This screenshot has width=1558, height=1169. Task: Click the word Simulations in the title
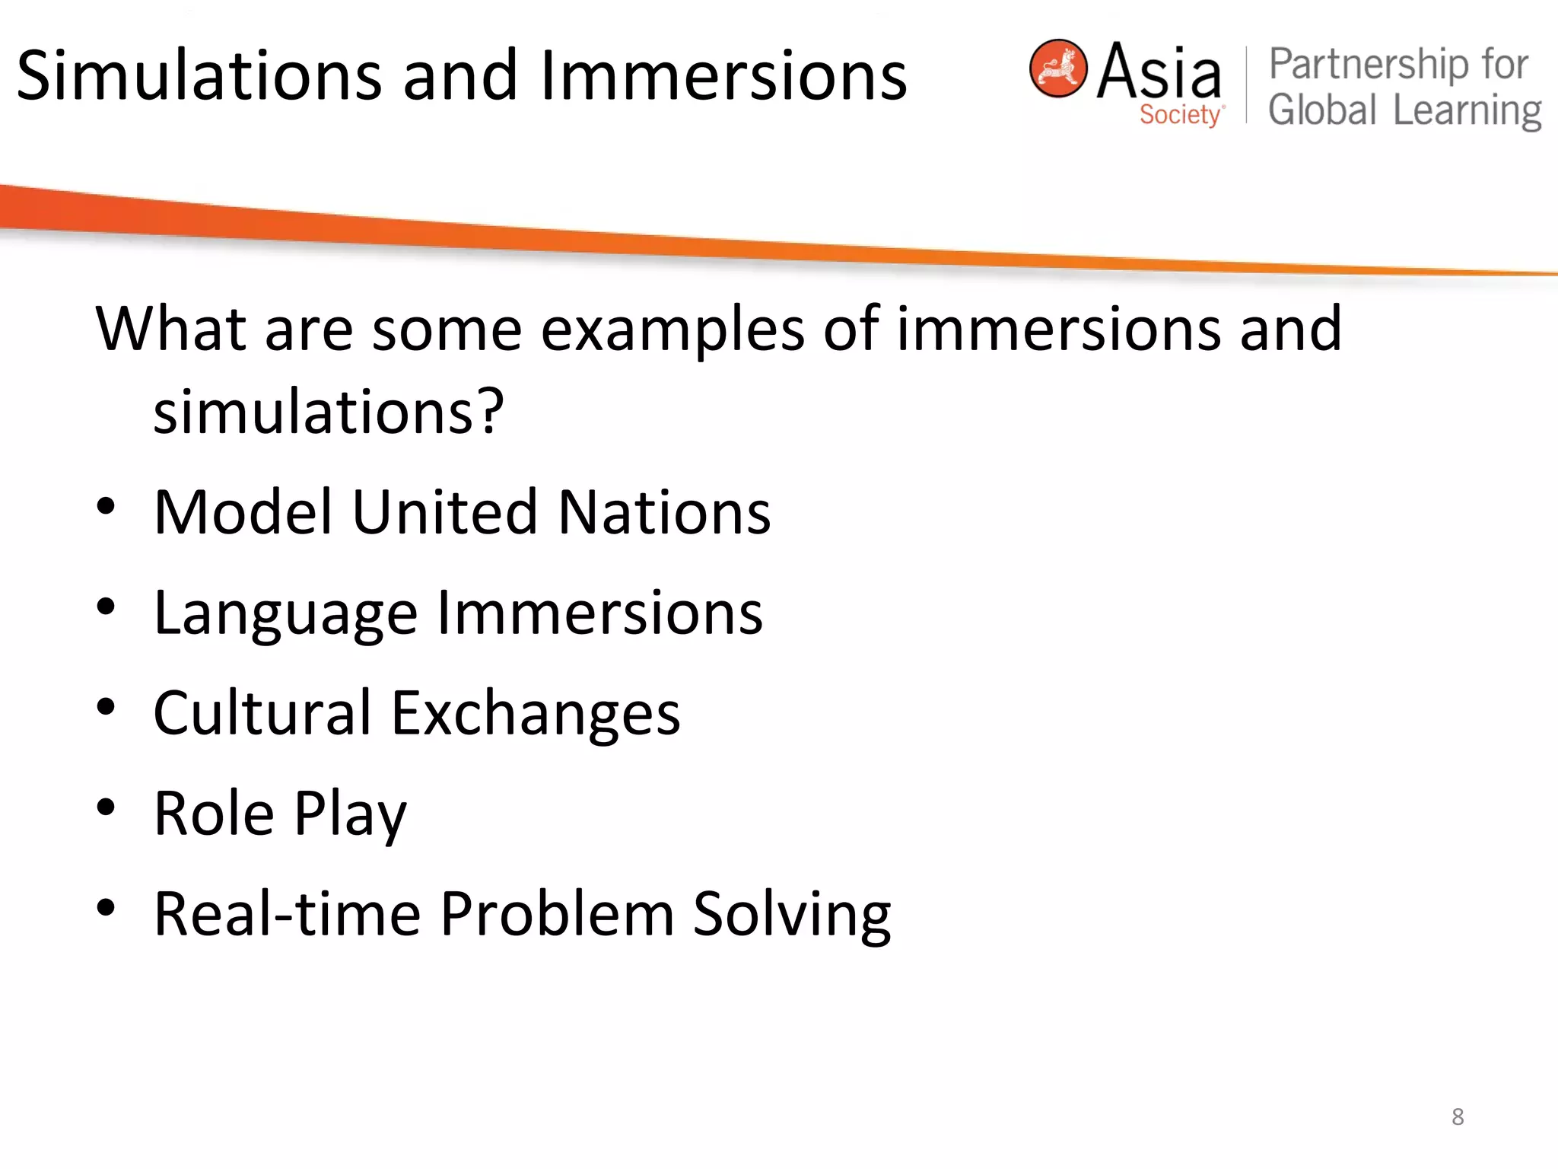[x=199, y=75]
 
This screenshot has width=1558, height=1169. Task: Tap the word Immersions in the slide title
[x=723, y=75]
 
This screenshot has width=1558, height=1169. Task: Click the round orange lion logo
[x=1057, y=68]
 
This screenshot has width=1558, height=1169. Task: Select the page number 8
[x=1458, y=1116]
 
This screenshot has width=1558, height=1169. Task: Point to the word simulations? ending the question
[x=329, y=412]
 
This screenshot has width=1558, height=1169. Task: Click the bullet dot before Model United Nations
[x=106, y=507]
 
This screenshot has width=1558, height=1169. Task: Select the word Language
[x=285, y=613]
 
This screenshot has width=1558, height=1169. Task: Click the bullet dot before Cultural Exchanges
[x=106, y=708]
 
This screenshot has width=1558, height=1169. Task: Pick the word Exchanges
[x=536, y=713]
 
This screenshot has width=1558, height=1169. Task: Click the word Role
[x=214, y=814]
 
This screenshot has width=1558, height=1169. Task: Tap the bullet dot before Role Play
[x=106, y=807]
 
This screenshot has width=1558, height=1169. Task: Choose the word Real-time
[x=288, y=913]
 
